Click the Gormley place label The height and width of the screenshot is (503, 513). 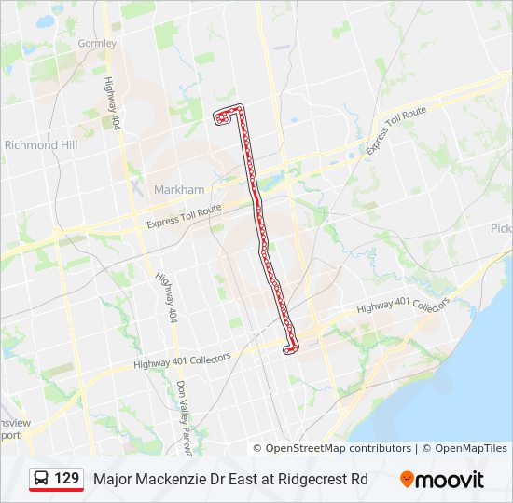97,43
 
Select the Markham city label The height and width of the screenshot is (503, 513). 177,189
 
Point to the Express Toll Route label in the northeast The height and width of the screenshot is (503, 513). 395,130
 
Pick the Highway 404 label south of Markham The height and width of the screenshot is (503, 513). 166,296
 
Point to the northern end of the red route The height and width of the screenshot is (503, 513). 221,116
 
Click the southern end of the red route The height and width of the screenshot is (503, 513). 289,349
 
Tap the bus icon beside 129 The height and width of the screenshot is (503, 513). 42,479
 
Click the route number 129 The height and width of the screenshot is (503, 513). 66,479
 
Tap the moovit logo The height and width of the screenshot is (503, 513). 442,480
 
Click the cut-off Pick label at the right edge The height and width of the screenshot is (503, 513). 501,228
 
